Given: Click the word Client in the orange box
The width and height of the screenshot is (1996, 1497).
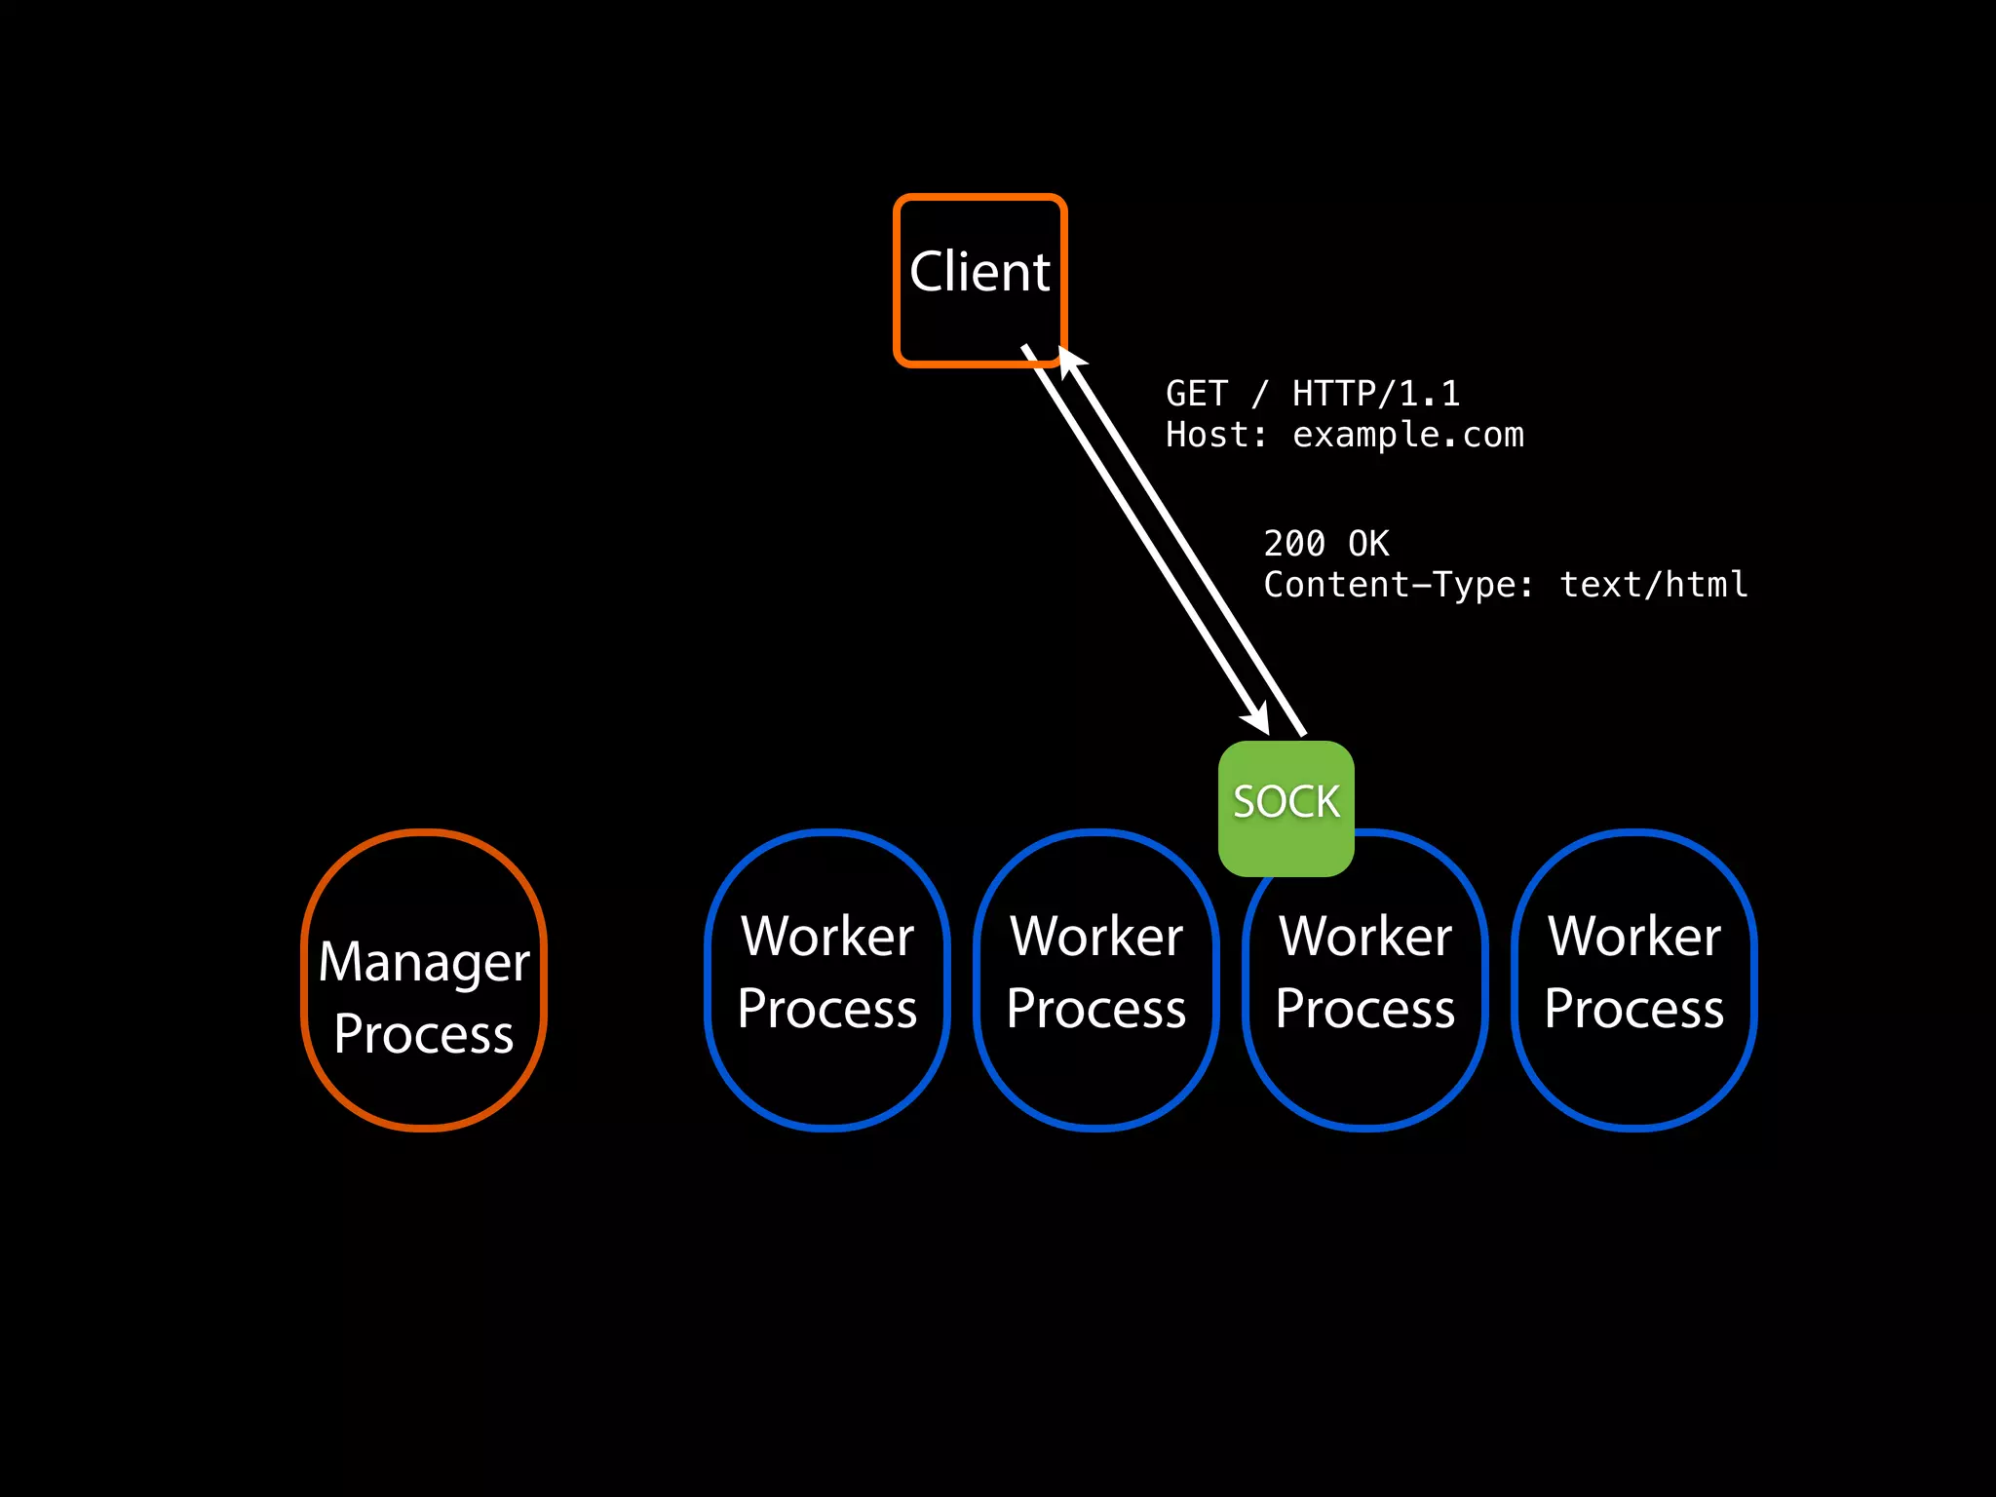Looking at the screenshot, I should pyautogui.click(x=979, y=272).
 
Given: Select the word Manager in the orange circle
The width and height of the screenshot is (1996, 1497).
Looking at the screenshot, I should pyautogui.click(x=424, y=963).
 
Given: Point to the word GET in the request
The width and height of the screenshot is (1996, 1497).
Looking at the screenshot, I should pyautogui.click(x=1196, y=394).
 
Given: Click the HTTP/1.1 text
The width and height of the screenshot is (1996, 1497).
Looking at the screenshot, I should pyautogui.click(x=1375, y=394).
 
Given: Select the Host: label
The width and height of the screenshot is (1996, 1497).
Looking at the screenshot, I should pyautogui.click(x=1215, y=435).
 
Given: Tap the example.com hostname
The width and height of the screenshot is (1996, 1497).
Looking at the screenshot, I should pyautogui.click(x=1407, y=435).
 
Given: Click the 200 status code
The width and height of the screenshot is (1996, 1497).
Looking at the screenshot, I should pyautogui.click(x=1294, y=544).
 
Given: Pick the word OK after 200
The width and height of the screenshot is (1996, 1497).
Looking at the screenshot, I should pyautogui.click(x=1368, y=544).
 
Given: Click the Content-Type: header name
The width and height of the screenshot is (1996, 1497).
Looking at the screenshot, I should pyautogui.click(x=1398, y=585).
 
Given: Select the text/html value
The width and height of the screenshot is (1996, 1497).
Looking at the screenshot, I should pyautogui.click(x=1653, y=585).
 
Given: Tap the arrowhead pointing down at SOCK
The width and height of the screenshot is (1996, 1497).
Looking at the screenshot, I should pyautogui.click(x=1257, y=720).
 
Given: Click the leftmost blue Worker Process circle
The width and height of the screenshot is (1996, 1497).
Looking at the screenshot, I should pyautogui.click(x=827, y=979).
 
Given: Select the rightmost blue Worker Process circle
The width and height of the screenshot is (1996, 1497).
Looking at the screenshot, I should pyautogui.click(x=1634, y=979).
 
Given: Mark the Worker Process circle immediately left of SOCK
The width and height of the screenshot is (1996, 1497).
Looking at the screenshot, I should pyautogui.click(x=1096, y=979).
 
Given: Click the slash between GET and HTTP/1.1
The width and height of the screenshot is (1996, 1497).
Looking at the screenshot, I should pyautogui.click(x=1260, y=394).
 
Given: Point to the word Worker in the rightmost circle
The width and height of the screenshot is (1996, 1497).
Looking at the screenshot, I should pyautogui.click(x=1634, y=937).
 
